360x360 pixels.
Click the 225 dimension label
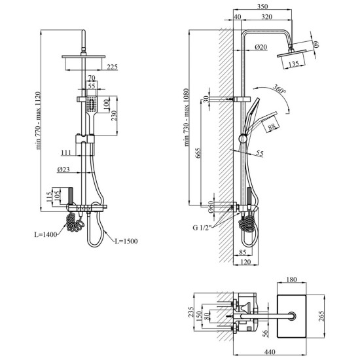coord(113,67)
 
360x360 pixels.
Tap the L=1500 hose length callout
coord(126,241)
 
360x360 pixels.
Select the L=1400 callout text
coord(46,234)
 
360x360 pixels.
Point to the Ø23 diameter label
coord(63,170)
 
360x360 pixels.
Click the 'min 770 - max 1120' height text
coord(38,120)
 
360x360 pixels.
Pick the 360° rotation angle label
coord(279,89)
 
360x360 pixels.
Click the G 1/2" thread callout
coord(202,228)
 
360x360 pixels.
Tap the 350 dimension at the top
coord(262,7)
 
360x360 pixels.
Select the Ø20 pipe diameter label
coord(261,47)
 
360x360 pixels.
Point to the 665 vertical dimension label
coord(198,153)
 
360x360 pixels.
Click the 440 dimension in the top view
coord(270,352)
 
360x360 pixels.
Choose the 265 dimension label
coord(321,316)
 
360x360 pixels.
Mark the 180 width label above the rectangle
coord(291,279)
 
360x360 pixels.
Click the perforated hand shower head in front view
coord(92,104)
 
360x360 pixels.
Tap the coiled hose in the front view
coord(75,223)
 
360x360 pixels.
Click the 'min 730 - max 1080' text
coord(187,117)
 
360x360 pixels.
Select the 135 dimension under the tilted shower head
coord(293,64)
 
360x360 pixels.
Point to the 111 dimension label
coord(66,153)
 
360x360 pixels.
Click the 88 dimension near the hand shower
coord(272,127)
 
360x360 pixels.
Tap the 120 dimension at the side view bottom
coord(245,262)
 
